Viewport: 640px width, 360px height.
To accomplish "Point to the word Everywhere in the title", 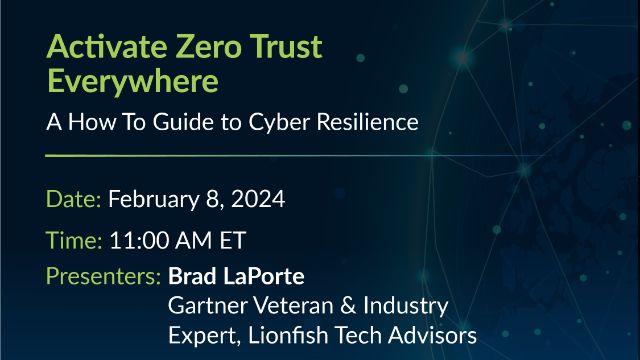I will (x=132, y=79).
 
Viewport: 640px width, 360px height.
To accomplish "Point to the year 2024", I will (x=258, y=199).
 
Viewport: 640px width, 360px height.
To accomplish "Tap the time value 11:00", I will (x=134, y=240).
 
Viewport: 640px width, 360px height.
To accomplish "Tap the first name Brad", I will (x=189, y=275).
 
